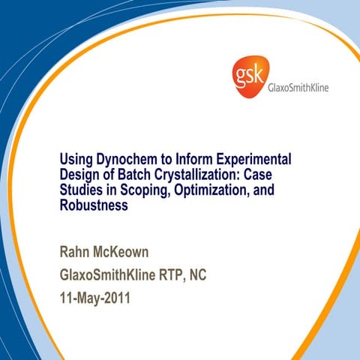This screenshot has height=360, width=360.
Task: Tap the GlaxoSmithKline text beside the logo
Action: (298, 88)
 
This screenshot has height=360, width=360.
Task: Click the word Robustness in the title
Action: (94, 205)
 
